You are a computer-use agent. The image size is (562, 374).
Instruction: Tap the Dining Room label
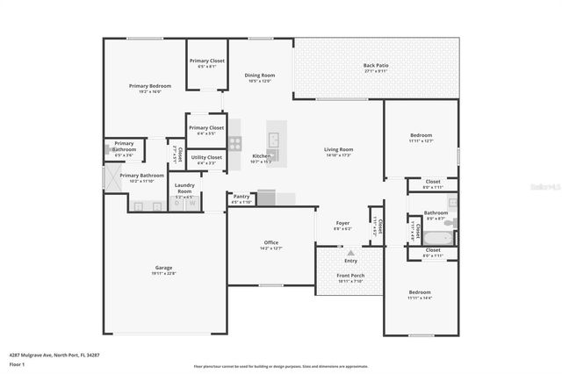click(x=260, y=76)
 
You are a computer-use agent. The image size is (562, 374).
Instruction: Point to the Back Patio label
click(x=375, y=66)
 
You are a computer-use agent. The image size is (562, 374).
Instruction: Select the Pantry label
click(x=241, y=197)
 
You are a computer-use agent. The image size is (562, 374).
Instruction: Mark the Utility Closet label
click(x=209, y=158)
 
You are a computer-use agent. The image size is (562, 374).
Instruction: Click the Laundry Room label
click(x=184, y=187)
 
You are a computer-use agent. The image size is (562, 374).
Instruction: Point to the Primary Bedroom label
click(x=150, y=86)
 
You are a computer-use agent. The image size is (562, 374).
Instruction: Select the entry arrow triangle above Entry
click(x=350, y=253)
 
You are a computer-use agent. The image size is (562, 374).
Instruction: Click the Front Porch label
click(x=350, y=276)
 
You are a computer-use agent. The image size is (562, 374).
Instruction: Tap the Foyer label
click(x=342, y=223)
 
